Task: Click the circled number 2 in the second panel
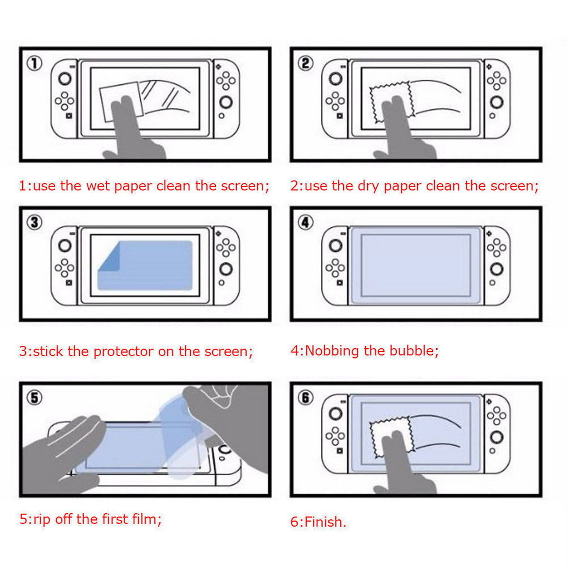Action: pos(306,63)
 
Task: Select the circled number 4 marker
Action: pos(306,222)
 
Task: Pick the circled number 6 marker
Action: pos(306,398)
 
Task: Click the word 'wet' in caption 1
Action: pos(97,186)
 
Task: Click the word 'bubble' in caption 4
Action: pos(412,351)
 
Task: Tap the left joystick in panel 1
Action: pos(65,78)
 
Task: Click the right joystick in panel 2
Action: pos(496,102)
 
